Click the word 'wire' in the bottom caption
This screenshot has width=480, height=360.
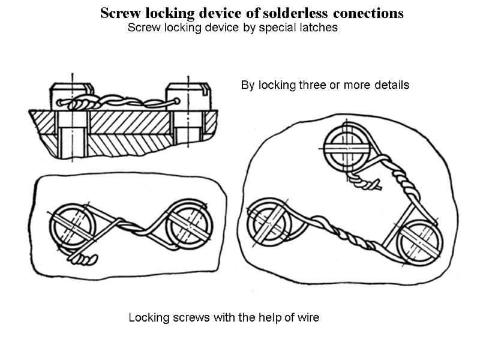tap(308, 318)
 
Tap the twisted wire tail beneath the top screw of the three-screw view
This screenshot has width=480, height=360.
tap(366, 184)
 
